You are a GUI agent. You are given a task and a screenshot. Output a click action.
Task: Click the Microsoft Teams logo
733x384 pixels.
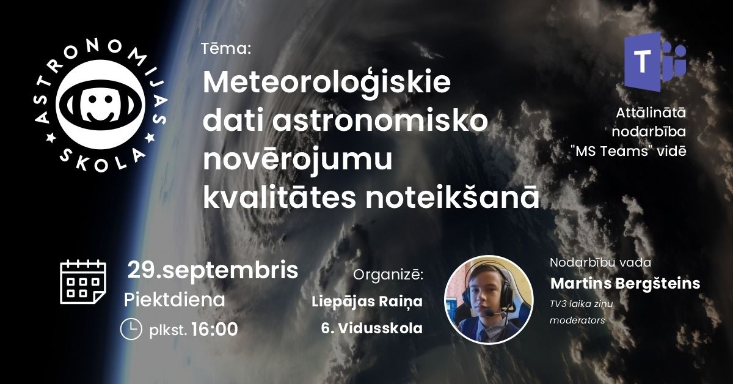(655, 62)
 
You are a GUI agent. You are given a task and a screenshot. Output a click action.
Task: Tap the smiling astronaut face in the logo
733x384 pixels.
(100, 104)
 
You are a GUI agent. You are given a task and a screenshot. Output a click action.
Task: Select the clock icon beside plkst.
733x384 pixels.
(131, 329)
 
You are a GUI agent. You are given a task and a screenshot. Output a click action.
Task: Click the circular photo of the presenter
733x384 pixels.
(489, 300)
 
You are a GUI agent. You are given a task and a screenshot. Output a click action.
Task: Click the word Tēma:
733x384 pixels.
(226, 49)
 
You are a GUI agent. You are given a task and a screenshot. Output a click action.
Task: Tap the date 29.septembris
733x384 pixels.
(213, 271)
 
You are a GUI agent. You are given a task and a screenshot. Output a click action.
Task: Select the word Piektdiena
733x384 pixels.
(175, 300)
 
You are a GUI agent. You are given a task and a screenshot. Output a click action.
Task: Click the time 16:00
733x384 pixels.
(214, 330)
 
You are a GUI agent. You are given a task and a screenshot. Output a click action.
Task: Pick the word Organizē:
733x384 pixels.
(388, 275)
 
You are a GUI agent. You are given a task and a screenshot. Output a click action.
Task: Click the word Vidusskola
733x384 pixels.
(380, 328)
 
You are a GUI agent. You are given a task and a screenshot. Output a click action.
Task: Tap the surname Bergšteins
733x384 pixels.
(658, 284)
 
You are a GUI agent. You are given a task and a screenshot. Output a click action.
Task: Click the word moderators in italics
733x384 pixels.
(577, 320)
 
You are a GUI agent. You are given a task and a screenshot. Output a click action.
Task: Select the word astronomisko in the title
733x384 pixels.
(380, 121)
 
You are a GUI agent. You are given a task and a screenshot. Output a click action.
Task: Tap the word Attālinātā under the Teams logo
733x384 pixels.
(651, 113)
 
